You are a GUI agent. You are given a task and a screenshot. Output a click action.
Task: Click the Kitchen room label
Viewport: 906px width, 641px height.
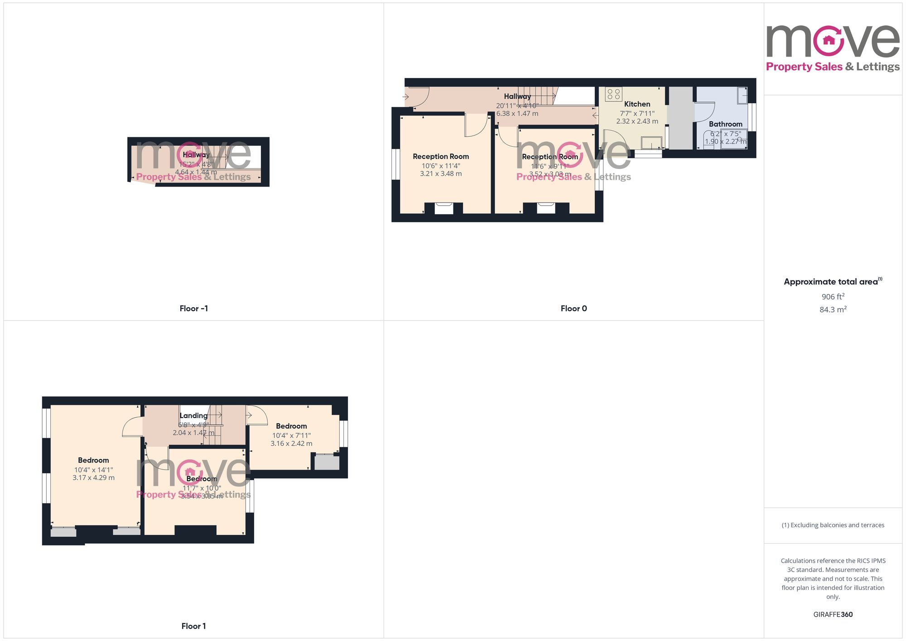click(637, 104)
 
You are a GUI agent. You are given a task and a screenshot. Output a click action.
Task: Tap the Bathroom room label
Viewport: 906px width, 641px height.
click(725, 124)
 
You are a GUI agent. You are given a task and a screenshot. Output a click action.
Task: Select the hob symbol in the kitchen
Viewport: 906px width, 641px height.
click(613, 94)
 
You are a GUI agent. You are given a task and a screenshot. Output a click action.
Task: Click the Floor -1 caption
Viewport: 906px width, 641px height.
click(193, 308)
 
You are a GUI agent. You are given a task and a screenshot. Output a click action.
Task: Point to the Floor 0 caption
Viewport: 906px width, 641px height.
click(573, 308)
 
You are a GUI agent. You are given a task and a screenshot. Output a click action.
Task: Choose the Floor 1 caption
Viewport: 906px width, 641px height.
click(193, 626)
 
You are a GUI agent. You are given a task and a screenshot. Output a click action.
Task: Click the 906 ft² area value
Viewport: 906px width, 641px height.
click(833, 297)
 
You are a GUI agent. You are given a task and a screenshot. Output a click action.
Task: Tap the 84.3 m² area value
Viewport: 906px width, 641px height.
click(833, 309)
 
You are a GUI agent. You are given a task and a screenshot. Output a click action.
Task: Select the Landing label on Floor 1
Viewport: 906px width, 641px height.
click(193, 415)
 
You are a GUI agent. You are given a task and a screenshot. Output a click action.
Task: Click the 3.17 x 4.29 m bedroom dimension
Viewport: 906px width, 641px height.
click(93, 477)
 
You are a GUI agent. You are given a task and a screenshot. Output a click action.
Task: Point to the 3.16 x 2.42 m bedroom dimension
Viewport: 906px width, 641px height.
click(291, 443)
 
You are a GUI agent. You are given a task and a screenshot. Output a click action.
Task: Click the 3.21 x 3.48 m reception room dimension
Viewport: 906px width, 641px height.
click(441, 174)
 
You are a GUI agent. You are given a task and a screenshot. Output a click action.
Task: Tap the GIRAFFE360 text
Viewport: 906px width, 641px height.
click(833, 614)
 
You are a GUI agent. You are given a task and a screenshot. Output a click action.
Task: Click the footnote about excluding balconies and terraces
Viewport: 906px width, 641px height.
click(833, 525)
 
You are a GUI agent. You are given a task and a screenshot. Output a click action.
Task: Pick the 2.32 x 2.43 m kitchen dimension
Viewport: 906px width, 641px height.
click(637, 121)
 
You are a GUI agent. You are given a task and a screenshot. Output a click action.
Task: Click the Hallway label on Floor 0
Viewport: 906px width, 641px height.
click(517, 96)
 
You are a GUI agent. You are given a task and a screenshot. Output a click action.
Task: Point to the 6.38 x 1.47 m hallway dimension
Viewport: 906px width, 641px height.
click(517, 113)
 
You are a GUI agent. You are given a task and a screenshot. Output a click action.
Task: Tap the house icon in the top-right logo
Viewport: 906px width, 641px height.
click(829, 40)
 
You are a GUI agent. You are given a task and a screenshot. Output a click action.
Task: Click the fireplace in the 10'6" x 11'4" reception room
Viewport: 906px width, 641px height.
click(444, 208)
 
